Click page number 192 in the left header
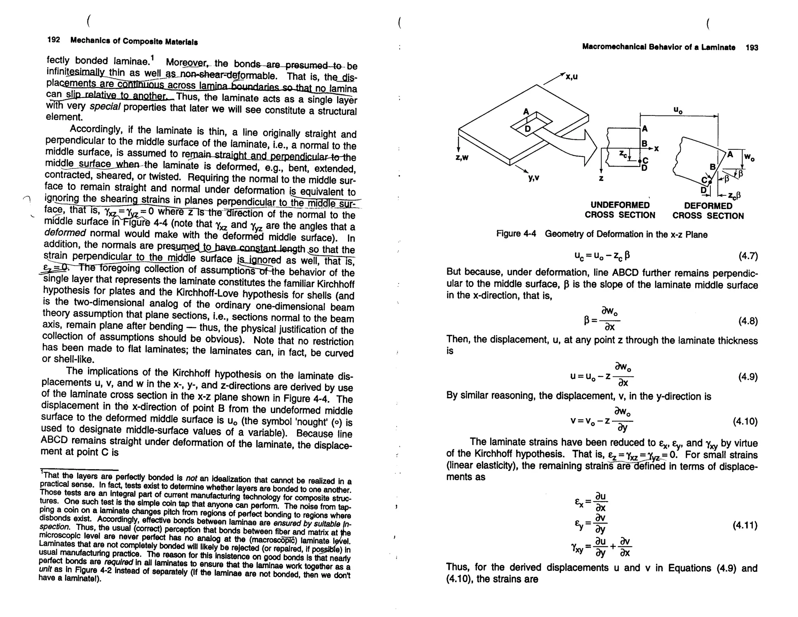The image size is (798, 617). coord(53,40)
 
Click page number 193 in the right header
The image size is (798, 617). coord(752,48)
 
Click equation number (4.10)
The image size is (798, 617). coord(745,422)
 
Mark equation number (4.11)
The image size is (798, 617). coord(745,525)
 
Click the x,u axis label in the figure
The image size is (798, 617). coord(572,77)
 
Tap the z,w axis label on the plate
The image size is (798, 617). coord(461,158)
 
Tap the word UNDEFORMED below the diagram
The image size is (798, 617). coord(620,205)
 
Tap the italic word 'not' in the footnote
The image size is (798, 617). coord(191,478)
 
